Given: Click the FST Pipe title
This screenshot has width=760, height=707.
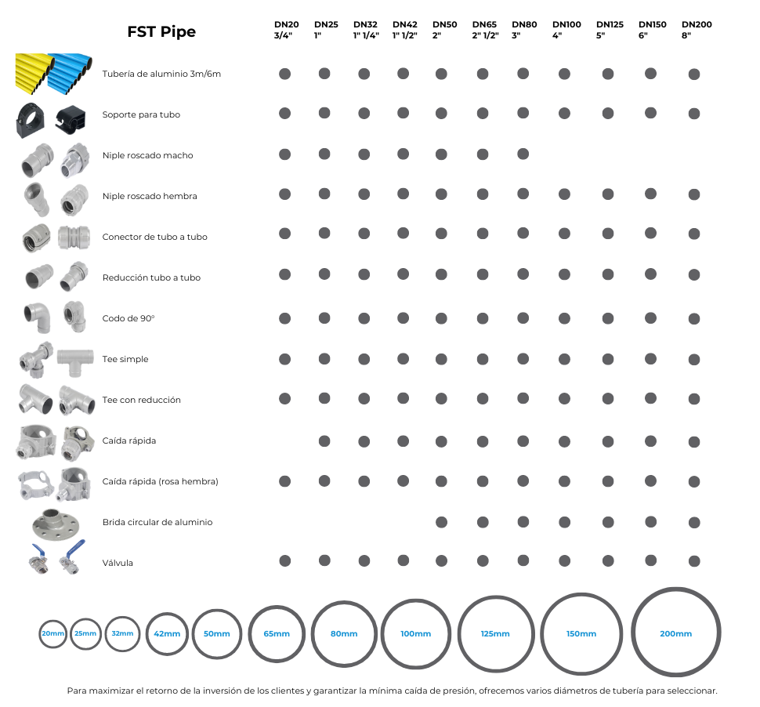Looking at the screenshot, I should coord(161,32).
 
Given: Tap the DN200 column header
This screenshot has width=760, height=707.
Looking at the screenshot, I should coord(697,30).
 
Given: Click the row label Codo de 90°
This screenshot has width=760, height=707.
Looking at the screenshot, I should coord(128,318).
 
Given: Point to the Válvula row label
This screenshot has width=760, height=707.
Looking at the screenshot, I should coord(118,563).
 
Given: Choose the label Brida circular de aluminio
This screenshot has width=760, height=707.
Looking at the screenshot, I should coord(157,522).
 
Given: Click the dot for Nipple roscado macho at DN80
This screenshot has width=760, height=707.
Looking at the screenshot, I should coord(523,154).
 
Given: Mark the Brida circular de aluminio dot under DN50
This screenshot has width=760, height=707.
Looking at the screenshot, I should coord(441,522).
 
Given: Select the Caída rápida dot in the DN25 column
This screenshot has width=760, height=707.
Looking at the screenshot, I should coord(324,441).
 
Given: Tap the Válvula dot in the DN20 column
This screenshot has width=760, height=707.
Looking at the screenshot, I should coord(284,561).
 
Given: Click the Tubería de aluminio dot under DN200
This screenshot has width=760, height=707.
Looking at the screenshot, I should coord(693,74).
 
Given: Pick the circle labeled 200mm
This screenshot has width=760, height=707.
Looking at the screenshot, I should coord(675,633).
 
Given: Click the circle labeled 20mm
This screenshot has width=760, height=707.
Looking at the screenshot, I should coord(53,633).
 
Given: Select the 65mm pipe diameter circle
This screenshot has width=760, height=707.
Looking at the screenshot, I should coord(277,633).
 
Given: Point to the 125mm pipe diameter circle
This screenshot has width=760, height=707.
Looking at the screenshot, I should coord(495,633).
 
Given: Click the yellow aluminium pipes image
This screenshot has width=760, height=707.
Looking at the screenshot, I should coord(33,73).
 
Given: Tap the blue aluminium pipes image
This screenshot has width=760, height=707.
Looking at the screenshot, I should coord(71,73).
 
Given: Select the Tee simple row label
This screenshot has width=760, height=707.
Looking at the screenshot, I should coord(125,359).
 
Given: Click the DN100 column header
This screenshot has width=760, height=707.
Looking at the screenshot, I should coord(566,30).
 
